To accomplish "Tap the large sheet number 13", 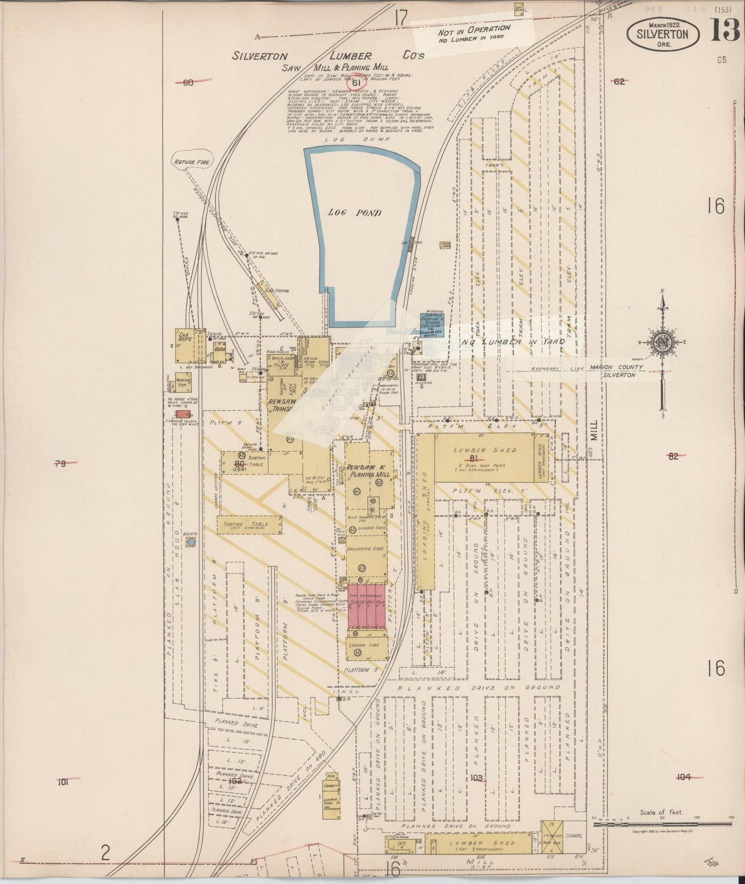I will point(725,30).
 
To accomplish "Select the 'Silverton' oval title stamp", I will point(663,34).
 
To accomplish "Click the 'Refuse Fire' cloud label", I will point(191,162).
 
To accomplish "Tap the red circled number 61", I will point(356,81).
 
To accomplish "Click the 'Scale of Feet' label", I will point(661,812).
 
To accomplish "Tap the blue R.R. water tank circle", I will point(191,542).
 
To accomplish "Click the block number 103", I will point(476,777).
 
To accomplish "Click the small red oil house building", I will point(183,414).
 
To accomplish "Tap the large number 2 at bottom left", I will point(105,853).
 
